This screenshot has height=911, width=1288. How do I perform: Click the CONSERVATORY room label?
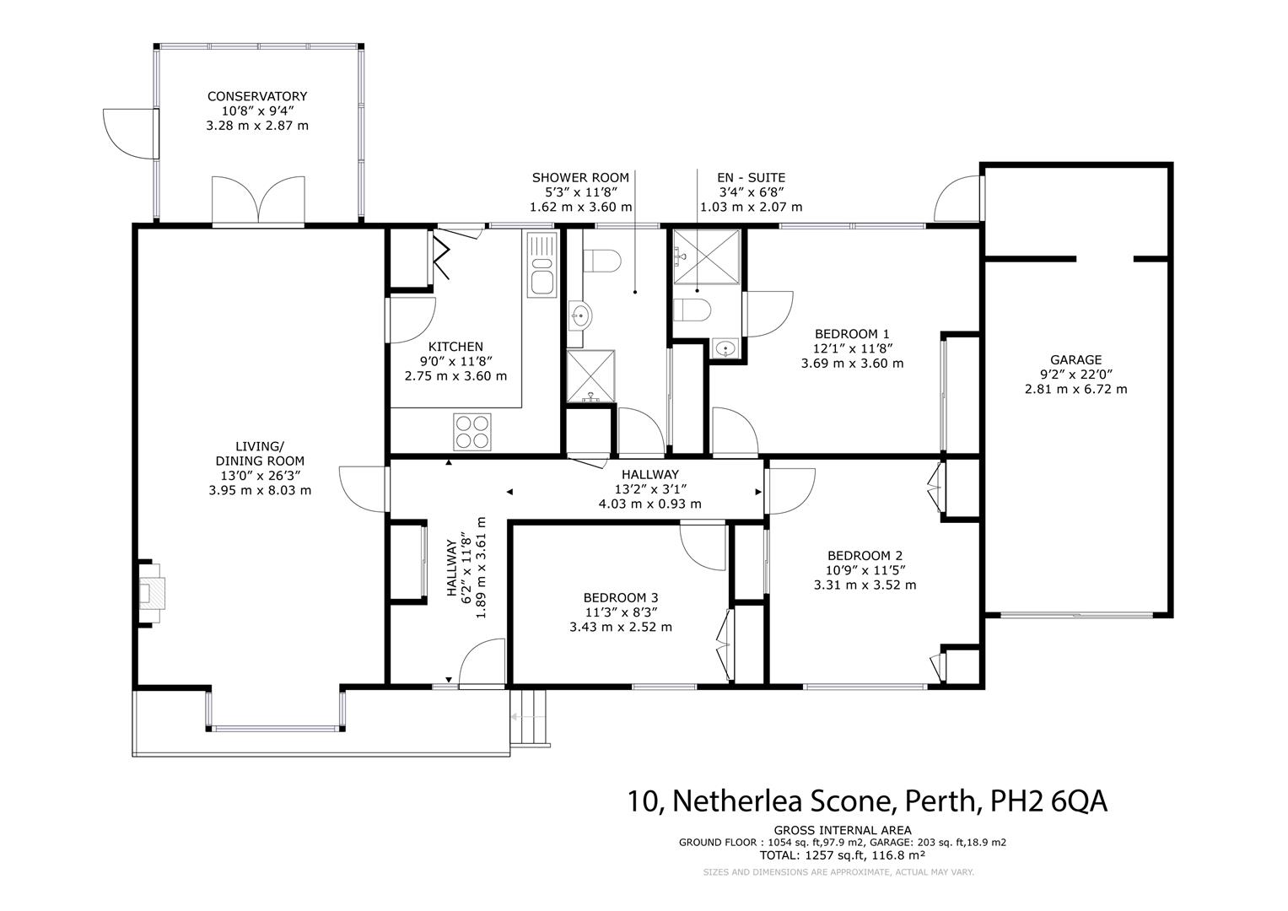(257, 96)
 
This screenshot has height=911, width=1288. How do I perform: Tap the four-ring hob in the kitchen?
(472, 432)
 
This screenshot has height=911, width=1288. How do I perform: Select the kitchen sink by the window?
(542, 264)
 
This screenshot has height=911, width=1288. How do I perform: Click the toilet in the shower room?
(601, 261)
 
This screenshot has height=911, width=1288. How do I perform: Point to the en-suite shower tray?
(707, 256)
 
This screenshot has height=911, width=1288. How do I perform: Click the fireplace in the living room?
(151, 592)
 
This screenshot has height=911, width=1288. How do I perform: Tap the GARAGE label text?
(1075, 360)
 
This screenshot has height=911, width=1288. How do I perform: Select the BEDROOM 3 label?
(621, 598)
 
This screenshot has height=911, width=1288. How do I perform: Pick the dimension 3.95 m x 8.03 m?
(260, 491)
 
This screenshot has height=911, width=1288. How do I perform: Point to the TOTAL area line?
(843, 855)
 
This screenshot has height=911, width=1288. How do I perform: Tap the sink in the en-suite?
(726, 348)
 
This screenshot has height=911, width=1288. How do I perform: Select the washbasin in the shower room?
(579, 315)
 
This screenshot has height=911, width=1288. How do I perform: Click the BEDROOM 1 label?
(852, 334)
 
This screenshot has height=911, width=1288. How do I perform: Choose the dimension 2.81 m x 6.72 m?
(1075, 390)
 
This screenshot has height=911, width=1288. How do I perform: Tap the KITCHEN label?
(455, 347)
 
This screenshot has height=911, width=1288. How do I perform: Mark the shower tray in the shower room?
(590, 375)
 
